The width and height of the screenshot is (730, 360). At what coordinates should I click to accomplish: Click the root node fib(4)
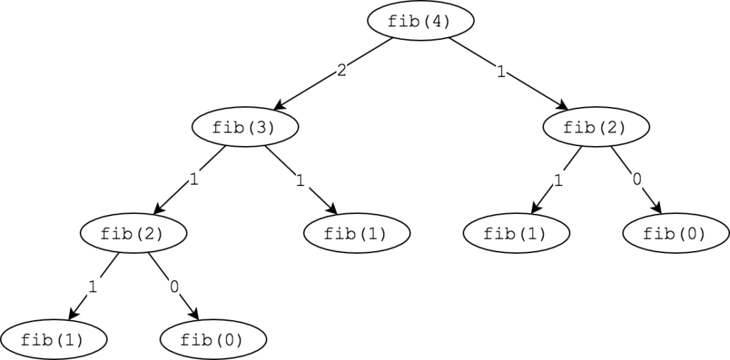click(421, 21)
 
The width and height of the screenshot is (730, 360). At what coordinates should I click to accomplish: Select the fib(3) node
click(245, 127)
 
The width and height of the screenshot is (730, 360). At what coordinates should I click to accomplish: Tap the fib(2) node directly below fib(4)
click(597, 127)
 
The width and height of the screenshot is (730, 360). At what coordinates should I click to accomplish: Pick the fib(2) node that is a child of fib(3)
click(133, 233)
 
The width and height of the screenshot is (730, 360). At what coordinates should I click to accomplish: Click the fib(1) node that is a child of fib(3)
click(357, 233)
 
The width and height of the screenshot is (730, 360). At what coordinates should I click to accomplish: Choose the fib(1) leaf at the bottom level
click(53, 339)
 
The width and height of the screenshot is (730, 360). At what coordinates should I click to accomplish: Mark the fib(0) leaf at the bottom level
click(213, 339)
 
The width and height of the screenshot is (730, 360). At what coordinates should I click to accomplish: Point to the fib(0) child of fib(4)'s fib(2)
click(676, 233)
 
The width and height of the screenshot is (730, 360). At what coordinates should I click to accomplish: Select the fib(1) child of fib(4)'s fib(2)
click(516, 233)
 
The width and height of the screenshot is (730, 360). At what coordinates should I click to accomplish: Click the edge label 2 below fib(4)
click(341, 71)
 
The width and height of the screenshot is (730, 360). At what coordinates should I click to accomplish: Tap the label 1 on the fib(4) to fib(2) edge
click(501, 72)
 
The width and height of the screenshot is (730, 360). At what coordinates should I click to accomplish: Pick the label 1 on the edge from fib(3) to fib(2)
click(194, 179)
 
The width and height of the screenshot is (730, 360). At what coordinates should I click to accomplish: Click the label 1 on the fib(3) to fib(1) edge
click(301, 180)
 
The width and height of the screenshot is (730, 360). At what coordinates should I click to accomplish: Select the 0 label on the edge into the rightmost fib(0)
click(637, 179)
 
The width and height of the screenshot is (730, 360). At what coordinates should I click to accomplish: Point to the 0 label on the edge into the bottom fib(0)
click(175, 287)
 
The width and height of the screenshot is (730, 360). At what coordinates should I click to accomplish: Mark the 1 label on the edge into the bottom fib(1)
click(93, 287)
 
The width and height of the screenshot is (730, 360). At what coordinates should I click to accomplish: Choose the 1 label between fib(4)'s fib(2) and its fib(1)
click(557, 180)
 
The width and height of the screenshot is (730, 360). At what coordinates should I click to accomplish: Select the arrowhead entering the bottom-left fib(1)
click(73, 314)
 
